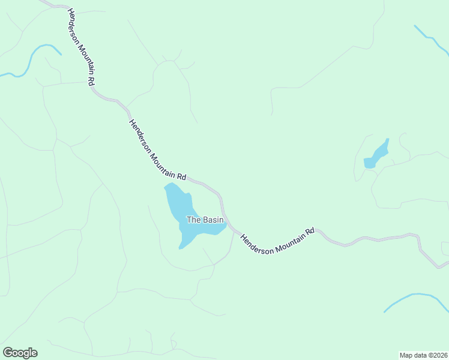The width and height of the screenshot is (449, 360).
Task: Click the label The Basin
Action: [x=205, y=220]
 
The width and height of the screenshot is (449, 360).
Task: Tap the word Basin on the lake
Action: [x=212, y=220]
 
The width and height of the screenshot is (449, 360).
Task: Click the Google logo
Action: [x=20, y=353]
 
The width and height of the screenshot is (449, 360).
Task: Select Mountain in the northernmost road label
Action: [x=85, y=59]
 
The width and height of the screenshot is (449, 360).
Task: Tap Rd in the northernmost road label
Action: [x=91, y=79]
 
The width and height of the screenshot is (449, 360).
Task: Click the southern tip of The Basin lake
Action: [x=181, y=247]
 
